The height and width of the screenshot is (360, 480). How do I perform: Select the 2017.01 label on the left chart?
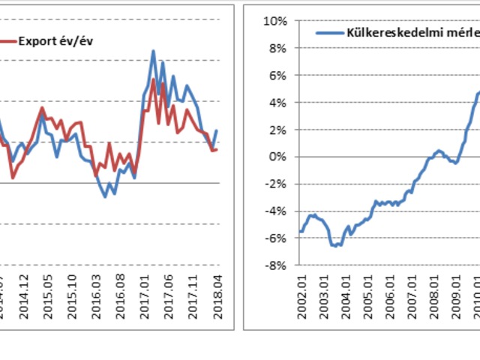144,295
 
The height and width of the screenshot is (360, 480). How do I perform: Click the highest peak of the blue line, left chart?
153,51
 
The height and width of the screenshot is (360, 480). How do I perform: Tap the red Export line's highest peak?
153,78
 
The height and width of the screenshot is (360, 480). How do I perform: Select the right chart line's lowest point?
334,245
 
